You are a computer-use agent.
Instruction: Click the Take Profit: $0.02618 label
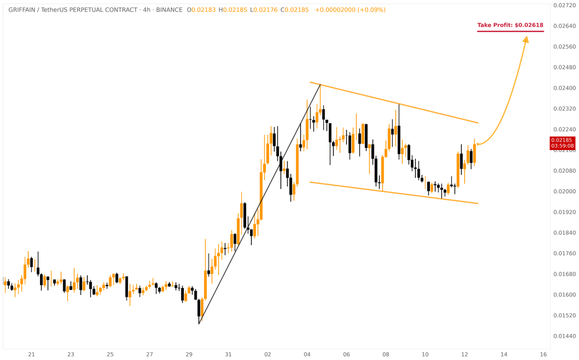[x=510, y=25]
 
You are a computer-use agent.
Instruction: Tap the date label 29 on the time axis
[x=189, y=354]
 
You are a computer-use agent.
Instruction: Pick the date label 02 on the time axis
[x=268, y=354]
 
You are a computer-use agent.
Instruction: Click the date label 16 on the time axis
[x=543, y=354]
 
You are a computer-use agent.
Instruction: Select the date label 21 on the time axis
[x=31, y=354]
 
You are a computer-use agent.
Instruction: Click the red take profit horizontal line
[x=510, y=32]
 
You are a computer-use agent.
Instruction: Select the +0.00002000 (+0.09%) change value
[x=350, y=10]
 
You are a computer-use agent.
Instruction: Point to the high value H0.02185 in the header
[x=233, y=10]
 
